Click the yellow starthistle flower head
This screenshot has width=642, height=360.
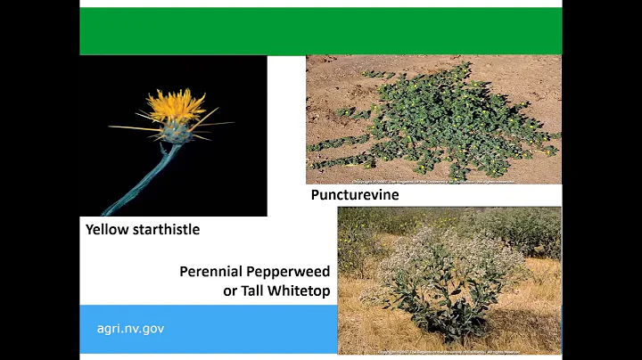point(177,106)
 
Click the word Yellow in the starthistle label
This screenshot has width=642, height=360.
point(106,229)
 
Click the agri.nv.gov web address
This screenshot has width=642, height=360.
point(130,329)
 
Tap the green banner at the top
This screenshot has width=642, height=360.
point(321,31)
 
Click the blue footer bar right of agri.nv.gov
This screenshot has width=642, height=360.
point(259,329)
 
